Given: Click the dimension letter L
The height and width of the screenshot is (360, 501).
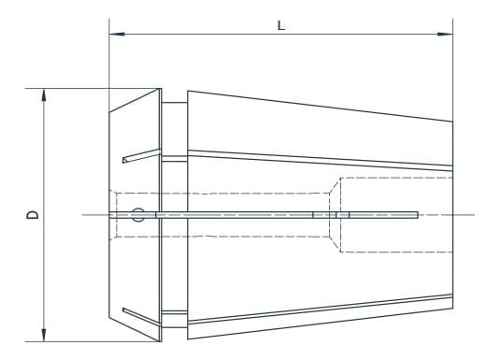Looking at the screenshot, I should (280, 25).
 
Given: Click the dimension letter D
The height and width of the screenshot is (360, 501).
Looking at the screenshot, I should (34, 215).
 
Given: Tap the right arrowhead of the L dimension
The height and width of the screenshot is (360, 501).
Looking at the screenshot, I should (447, 36).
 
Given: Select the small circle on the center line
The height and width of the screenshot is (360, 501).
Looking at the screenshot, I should (138, 215).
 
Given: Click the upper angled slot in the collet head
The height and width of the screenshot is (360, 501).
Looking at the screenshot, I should (140, 155).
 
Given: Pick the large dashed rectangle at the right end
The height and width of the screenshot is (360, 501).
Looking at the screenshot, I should (396, 215).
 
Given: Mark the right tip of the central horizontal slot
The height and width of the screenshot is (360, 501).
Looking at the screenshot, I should (417, 215).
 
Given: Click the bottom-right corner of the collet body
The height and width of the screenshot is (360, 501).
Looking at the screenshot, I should (452, 311).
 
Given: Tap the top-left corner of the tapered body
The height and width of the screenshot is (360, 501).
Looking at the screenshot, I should (188, 92).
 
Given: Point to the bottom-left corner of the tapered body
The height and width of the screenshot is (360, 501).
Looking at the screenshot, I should (188, 338).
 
